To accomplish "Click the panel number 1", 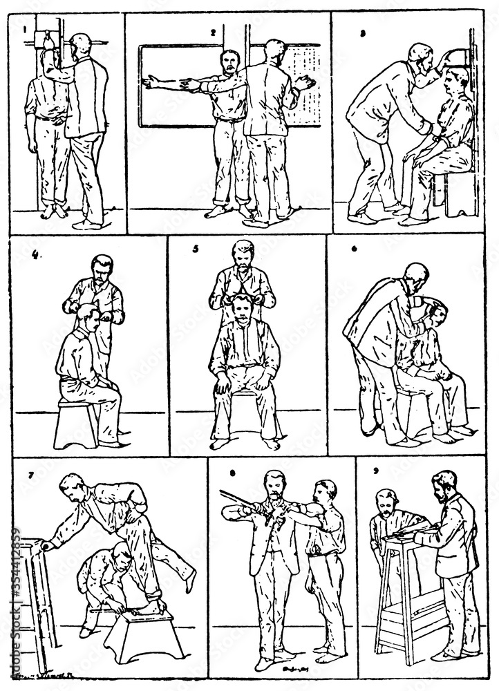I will pos(24,30).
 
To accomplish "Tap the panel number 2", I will pos(214,32).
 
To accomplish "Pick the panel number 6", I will pos(354,249).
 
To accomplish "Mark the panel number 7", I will pos(31,475).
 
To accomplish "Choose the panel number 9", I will pos(375,475).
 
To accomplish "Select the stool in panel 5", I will pos(245,415).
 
